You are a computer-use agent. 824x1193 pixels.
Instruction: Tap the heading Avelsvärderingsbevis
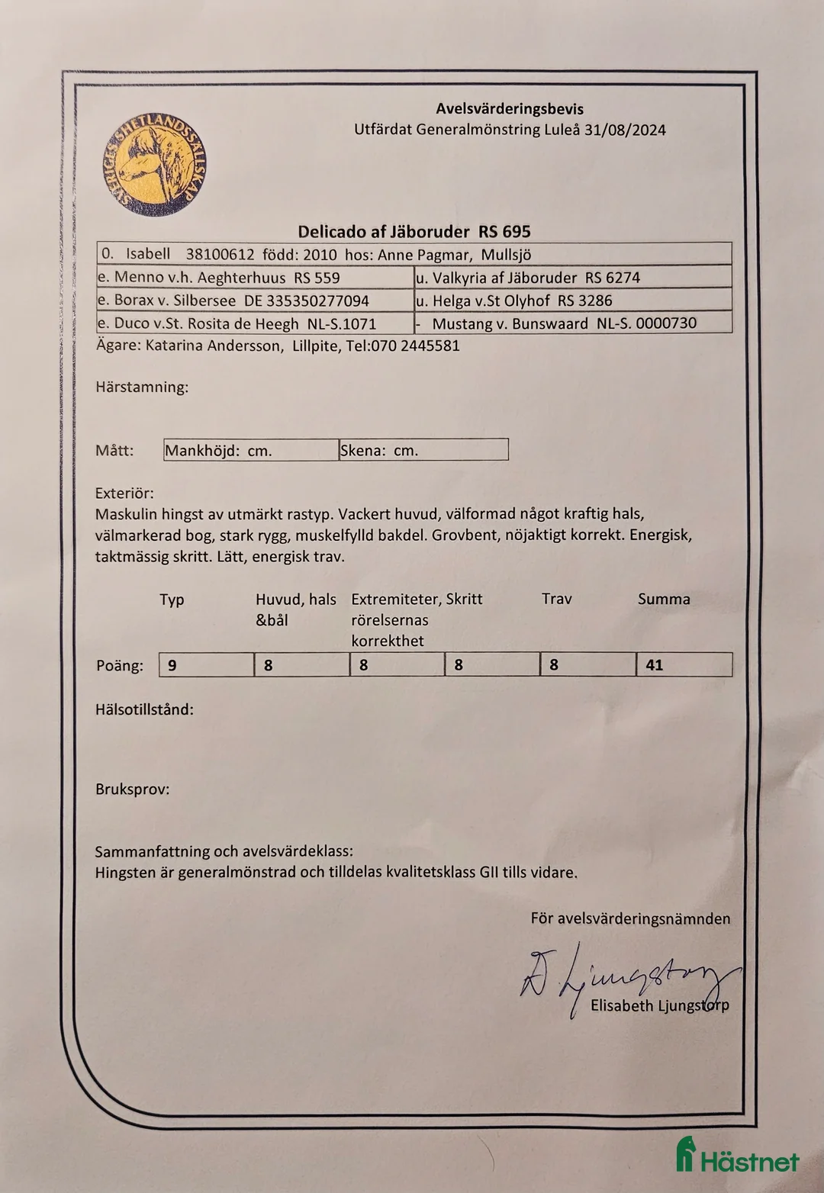[x=510, y=109]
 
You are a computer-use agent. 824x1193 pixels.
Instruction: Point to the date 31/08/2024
[x=625, y=130]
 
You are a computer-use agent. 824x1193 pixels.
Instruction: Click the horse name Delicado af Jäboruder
[x=385, y=232]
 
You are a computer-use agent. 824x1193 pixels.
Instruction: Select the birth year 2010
[x=320, y=255]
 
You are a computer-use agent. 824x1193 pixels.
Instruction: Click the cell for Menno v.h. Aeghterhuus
[x=255, y=278]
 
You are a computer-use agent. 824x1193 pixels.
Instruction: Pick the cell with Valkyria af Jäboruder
[x=572, y=278]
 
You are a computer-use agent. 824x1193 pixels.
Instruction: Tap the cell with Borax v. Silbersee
[x=255, y=301]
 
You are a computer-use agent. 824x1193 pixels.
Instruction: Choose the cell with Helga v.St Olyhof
[x=572, y=301]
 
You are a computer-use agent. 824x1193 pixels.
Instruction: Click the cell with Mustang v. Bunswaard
[x=572, y=323]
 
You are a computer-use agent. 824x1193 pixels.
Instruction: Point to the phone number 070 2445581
[x=415, y=346]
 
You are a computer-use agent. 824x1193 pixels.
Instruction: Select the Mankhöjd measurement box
[x=251, y=450]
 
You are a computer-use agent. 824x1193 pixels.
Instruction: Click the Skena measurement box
[x=423, y=450]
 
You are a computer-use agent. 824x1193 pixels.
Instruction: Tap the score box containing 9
[x=206, y=665]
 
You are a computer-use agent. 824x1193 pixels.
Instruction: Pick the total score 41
[x=684, y=665]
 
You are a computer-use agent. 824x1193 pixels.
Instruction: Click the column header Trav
[x=556, y=599]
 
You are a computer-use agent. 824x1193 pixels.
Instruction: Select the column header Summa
[x=664, y=599]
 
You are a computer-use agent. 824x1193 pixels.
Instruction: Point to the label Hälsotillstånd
[x=144, y=709]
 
